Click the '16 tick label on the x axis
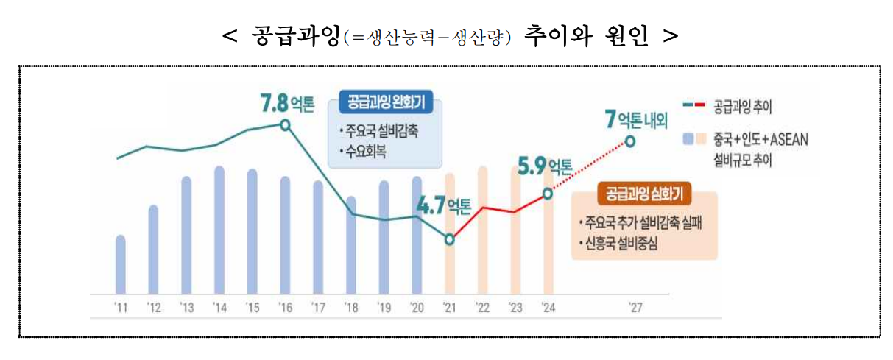tap(284, 308)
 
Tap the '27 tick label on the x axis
tap(635, 308)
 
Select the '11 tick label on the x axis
tap(120, 308)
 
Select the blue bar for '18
tap(350, 244)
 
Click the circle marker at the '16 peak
tap(285, 124)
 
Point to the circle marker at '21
tap(450, 240)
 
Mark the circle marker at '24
tap(547, 194)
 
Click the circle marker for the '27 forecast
tap(629, 141)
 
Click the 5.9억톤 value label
tap(545, 166)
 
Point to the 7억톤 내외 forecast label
tap(635, 119)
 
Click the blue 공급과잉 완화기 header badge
tap(386, 103)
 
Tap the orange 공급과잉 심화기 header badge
tap(644, 194)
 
